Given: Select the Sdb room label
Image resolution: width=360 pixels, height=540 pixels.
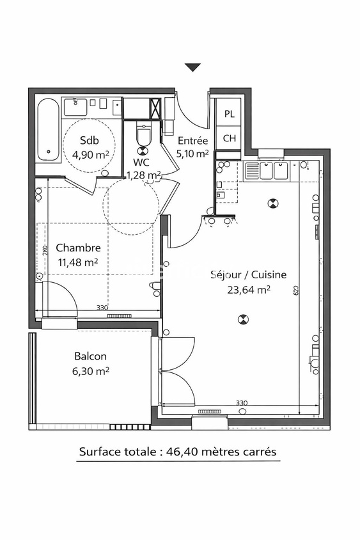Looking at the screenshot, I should (89, 141).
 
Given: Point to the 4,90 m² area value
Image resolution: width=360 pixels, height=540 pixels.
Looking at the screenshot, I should (89, 154).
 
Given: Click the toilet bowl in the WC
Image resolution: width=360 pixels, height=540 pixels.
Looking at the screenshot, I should (143, 138).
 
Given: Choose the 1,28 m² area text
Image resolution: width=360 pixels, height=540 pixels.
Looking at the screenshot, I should (143, 175).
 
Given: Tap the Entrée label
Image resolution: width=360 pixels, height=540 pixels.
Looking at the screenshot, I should (192, 141).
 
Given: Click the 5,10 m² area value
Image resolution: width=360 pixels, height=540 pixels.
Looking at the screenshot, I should (192, 154).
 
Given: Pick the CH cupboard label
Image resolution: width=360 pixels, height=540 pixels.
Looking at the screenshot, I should (228, 138).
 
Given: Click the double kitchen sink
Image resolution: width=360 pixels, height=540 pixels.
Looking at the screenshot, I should (273, 171).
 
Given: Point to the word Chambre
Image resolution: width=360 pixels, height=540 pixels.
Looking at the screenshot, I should (78, 248).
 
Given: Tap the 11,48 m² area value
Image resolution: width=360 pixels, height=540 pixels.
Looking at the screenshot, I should (78, 262).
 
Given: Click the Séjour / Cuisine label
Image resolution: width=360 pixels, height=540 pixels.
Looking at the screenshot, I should (249, 274).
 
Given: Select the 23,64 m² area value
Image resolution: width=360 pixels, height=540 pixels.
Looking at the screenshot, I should (249, 289).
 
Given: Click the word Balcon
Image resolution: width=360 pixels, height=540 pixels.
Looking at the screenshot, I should (90, 356).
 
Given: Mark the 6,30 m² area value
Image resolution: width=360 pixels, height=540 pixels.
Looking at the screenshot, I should (90, 370).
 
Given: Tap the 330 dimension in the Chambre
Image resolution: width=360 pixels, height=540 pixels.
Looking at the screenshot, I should (102, 308).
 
